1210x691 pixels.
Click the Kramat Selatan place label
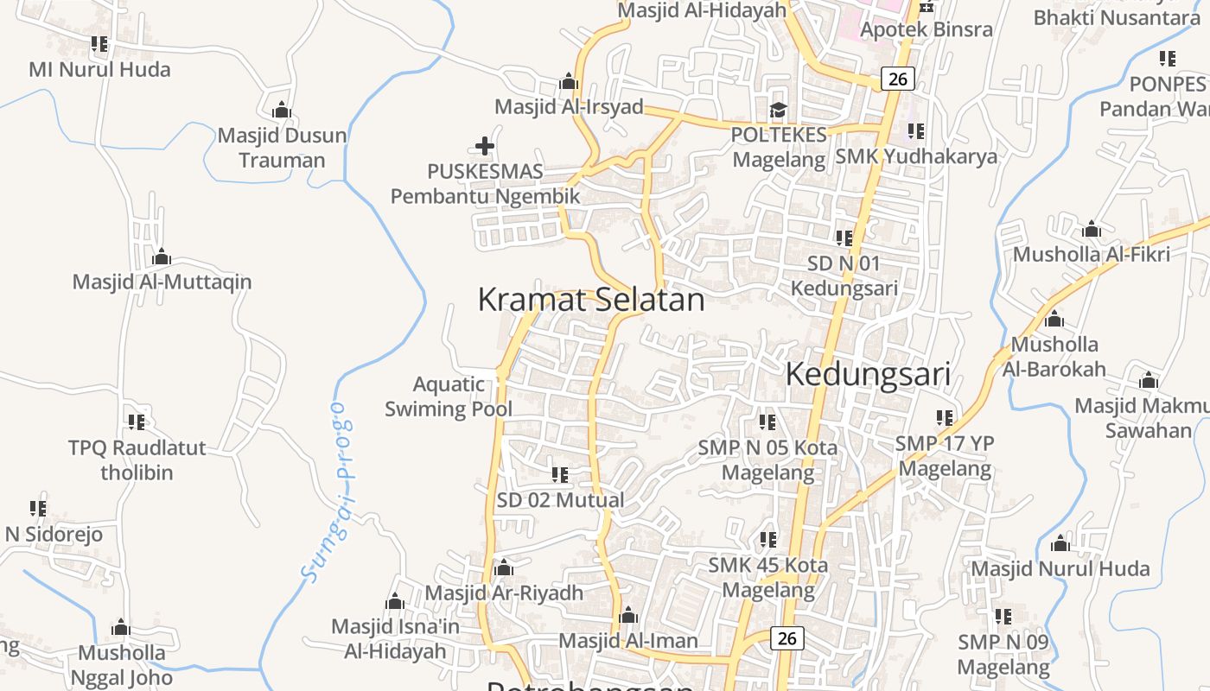[x=591, y=300]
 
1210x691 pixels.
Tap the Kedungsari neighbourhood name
[x=868, y=374]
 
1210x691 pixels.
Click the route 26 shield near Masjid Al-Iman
[x=786, y=637]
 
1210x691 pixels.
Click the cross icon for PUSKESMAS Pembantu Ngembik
[x=485, y=146]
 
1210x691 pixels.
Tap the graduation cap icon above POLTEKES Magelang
[x=779, y=110]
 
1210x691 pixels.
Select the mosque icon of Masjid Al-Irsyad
[x=569, y=82]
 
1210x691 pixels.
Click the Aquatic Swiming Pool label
[x=449, y=396]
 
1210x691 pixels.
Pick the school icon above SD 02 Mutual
[x=560, y=474]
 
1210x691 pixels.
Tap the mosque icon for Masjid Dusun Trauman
[x=281, y=111]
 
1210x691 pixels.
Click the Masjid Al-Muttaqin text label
[x=162, y=282]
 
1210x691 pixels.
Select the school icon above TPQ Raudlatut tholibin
[x=137, y=422]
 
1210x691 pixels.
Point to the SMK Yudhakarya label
[x=916, y=156]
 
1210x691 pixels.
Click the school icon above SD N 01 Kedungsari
[x=844, y=238]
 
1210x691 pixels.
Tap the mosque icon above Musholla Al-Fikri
[x=1092, y=230]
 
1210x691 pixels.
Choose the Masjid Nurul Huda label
[x=1060, y=568]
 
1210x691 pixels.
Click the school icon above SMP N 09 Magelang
[x=1003, y=617]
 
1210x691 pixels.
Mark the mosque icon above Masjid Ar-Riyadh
[x=504, y=568]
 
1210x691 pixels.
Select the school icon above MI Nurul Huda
[x=99, y=43]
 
